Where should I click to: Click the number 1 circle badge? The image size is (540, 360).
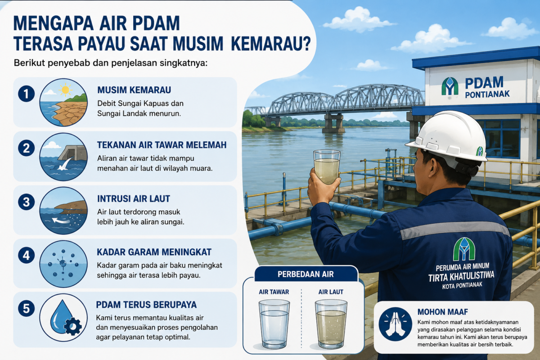click(x=26, y=94)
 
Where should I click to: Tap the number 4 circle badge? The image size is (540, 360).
click(x=26, y=255)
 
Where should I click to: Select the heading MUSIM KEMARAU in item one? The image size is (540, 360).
click(x=134, y=90)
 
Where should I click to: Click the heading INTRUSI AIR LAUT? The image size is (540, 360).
click(x=134, y=199)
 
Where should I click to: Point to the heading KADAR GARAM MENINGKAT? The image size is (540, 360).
click(x=154, y=252)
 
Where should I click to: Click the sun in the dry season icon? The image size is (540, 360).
click(x=65, y=90)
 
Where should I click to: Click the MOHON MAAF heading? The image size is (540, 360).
click(x=443, y=312)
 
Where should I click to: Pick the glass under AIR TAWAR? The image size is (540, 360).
click(x=274, y=324)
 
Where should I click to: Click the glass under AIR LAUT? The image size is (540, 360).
click(x=331, y=324)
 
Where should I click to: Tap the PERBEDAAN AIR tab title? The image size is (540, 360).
click(x=306, y=274)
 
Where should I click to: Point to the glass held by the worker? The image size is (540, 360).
click(x=327, y=167)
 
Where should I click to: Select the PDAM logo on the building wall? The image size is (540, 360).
click(x=450, y=86)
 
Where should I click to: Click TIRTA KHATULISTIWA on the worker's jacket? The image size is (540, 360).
click(x=461, y=276)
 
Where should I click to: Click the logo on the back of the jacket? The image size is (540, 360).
click(x=464, y=249)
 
